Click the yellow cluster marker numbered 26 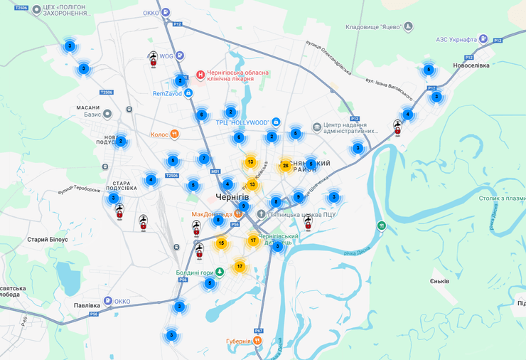click(x=286, y=166)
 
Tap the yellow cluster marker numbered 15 click(x=221, y=243)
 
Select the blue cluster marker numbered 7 click(x=204, y=159)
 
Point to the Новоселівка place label click(x=471, y=66)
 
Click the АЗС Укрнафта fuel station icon click(x=483, y=38)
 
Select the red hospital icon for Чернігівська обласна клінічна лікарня click(x=201, y=74)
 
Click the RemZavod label click(x=168, y=93)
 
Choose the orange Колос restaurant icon click(x=175, y=134)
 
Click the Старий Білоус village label click(x=47, y=240)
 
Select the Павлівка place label click(x=87, y=306)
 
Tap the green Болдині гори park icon click(x=220, y=271)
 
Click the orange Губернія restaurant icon click(x=257, y=341)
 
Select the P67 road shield click(x=259, y=331)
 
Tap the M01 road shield click(x=215, y=171)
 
